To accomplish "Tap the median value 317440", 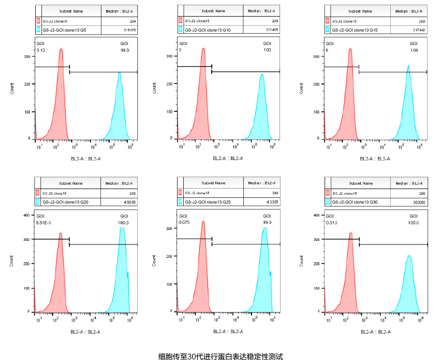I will (418, 30).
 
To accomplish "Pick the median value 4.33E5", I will (273, 201).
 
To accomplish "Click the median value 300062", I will (418, 201).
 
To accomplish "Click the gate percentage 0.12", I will (41, 50).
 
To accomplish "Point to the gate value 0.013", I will (332, 222).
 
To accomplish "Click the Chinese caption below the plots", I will (221, 356).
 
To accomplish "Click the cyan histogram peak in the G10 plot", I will (262, 76).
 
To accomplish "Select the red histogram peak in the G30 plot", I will (351, 234).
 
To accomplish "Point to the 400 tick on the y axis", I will (26, 214).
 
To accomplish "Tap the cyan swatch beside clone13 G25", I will (181, 201).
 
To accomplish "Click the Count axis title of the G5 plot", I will (12, 89).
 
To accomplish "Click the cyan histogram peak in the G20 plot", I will (122, 229).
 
